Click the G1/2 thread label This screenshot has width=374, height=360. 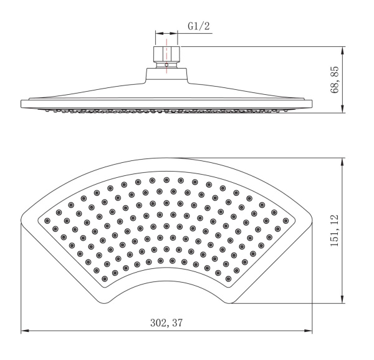(x=198, y=27)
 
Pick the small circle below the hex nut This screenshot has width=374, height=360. (x=166, y=64)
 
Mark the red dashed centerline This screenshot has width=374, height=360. (x=167, y=50)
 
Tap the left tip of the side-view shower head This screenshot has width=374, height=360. (x=22, y=103)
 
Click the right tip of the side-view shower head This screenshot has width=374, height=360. (x=311, y=103)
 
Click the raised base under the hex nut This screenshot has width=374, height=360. (x=166, y=74)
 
